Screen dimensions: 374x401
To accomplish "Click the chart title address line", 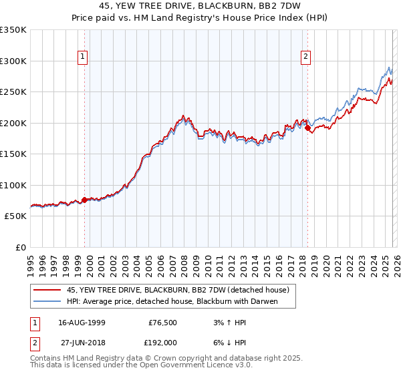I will (200, 6).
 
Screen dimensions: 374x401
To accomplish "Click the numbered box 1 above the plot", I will (83, 57).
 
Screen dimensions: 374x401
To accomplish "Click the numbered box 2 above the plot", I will (305, 57).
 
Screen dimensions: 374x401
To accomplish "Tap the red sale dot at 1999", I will (84, 200).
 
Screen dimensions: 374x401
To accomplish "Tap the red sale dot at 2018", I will (307, 128).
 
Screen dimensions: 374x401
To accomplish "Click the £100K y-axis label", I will (13, 185).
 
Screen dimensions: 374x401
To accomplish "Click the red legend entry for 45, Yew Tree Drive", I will (178, 290).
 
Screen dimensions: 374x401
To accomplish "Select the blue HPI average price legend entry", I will (172, 301).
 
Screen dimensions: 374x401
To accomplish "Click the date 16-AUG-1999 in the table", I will (81, 322).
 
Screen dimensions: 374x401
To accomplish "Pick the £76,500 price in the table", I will (162, 322).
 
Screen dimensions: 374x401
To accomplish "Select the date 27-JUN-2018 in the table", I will (81, 342).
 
